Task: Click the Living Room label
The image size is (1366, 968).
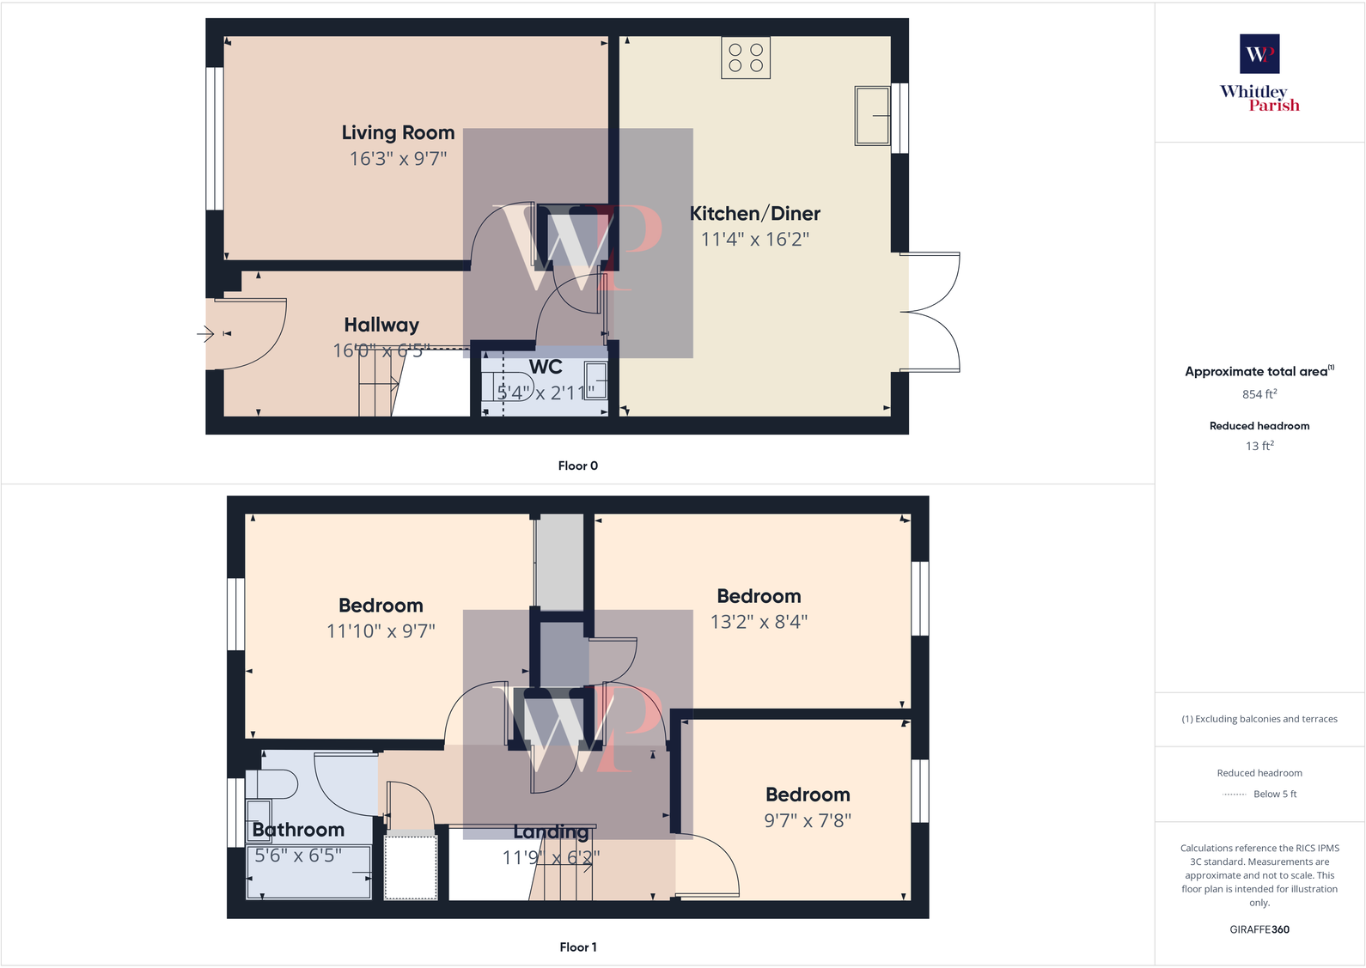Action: point(398,133)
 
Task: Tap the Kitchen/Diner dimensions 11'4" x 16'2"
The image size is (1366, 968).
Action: point(754,240)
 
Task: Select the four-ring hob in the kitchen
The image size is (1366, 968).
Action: point(746,58)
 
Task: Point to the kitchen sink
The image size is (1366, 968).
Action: point(872,115)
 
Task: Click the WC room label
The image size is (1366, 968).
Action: point(546,368)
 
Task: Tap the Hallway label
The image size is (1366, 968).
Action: point(381,325)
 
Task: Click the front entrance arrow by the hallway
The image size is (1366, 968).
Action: point(205,333)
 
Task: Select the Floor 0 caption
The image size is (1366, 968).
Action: point(577,466)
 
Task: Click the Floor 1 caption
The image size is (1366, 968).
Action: point(577,947)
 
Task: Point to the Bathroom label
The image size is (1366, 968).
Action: point(298,830)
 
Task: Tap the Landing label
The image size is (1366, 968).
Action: point(551,832)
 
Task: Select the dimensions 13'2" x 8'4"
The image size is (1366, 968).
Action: point(759,622)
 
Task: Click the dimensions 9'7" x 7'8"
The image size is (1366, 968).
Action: point(808,821)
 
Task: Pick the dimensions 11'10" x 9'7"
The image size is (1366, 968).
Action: point(381,631)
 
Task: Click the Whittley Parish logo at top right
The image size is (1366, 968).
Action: point(1259,73)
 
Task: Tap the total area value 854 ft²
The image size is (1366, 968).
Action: point(1259,394)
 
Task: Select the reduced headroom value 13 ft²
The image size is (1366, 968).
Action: point(1259,446)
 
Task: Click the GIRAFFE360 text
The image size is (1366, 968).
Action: point(1259,929)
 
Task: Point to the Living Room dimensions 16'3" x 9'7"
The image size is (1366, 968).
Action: point(398,159)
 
